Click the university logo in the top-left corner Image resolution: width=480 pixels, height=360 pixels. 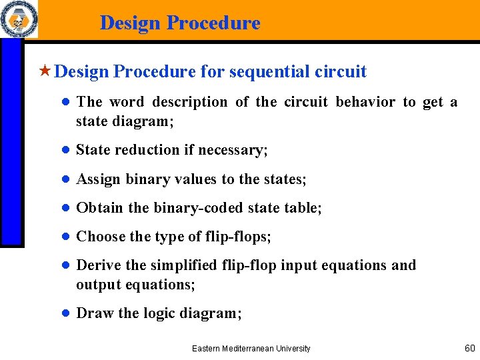pyautogui.click(x=19, y=19)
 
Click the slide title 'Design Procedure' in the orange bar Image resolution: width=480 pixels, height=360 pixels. pyautogui.click(x=180, y=23)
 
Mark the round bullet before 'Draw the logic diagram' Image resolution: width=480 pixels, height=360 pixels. pyautogui.click(x=66, y=313)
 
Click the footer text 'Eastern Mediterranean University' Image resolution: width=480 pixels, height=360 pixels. pyautogui.click(x=251, y=349)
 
